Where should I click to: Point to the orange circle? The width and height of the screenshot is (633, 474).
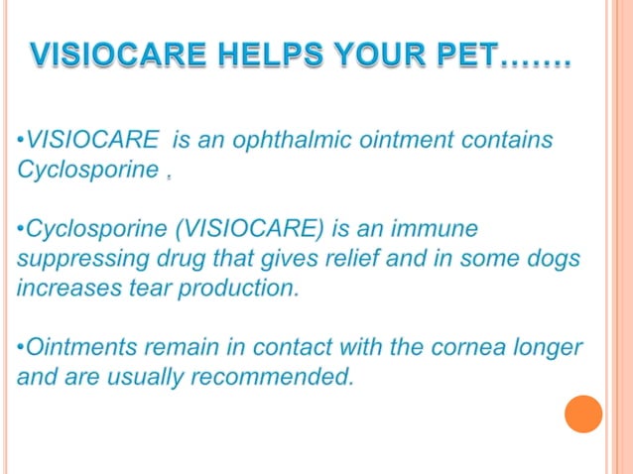583,414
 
